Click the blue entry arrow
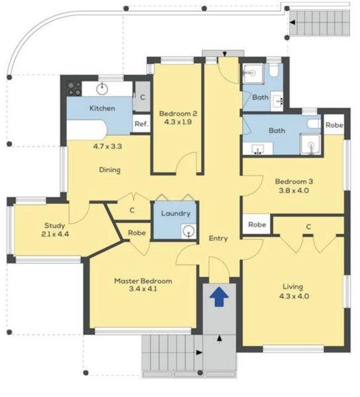(219, 296)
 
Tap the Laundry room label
(175, 214)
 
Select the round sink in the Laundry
(189, 231)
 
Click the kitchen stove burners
(74, 89)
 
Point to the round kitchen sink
(102, 89)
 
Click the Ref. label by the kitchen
(142, 124)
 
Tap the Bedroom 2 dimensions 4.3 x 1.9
(178, 122)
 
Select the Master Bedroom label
(143, 281)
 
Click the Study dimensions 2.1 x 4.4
(55, 234)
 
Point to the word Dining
(110, 170)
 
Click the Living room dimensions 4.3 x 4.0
(294, 296)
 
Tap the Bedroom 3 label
(294, 181)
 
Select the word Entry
(218, 238)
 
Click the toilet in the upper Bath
(274, 70)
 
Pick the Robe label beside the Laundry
(137, 233)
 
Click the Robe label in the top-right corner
(334, 125)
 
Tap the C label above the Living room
(308, 227)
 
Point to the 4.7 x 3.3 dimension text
(108, 146)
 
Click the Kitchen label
(103, 109)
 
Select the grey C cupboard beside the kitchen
(142, 97)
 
